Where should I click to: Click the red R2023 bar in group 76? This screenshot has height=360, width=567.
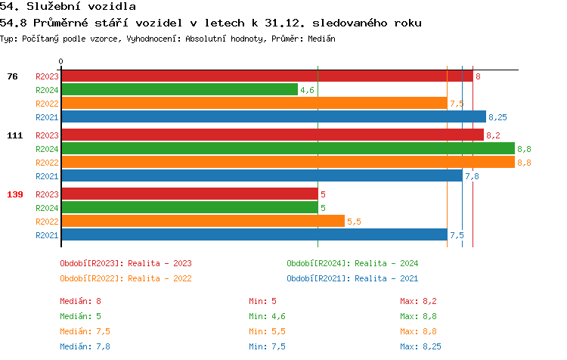(x=266, y=76)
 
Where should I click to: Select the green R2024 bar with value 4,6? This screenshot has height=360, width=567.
(x=179, y=90)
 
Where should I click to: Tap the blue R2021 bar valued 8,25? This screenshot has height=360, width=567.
(x=273, y=117)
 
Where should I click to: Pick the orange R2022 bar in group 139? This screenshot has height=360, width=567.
(x=203, y=222)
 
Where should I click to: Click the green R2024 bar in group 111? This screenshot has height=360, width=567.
(x=287, y=149)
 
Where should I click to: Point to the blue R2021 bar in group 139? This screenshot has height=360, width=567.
(x=254, y=235)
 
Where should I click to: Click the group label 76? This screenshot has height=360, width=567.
(x=12, y=76)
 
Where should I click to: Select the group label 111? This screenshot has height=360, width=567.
(x=14, y=135)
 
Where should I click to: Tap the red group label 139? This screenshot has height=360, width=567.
(x=14, y=194)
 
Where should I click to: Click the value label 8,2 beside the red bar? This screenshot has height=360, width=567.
(x=493, y=135)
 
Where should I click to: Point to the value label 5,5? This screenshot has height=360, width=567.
(x=354, y=222)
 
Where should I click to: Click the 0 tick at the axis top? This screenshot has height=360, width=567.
(x=61, y=62)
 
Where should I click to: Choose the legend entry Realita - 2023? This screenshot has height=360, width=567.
(x=125, y=263)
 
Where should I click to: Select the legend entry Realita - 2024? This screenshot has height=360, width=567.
(x=352, y=263)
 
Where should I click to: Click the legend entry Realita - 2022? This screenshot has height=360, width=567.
(x=125, y=278)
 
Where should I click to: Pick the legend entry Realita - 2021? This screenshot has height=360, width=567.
(x=352, y=278)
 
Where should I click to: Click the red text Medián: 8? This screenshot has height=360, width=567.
(x=81, y=301)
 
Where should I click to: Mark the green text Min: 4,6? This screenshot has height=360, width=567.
(x=268, y=316)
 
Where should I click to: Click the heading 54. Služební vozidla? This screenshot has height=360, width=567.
(x=68, y=7)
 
